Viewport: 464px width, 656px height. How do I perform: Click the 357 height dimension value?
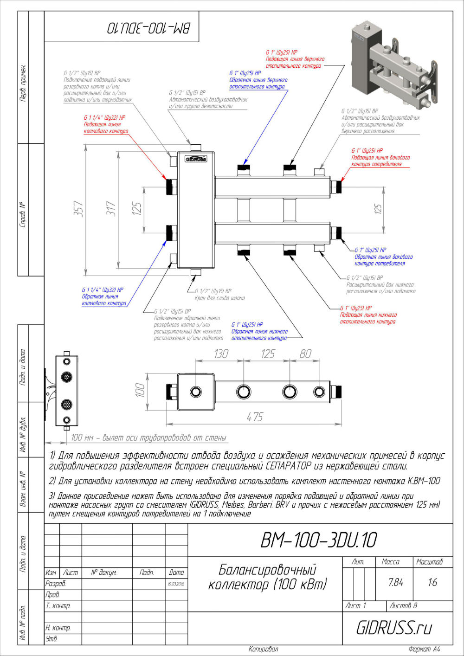point(79,209)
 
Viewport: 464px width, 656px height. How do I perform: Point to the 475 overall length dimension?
point(255,417)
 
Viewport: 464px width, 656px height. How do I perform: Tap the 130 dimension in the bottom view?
point(221,354)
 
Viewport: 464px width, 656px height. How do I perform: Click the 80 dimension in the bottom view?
point(305,354)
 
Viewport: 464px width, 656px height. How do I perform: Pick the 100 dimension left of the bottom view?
point(140,390)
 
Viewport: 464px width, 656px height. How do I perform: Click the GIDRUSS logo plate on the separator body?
point(196,159)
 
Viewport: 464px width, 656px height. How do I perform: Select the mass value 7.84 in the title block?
point(396,583)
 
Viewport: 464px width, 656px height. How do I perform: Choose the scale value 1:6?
point(432,583)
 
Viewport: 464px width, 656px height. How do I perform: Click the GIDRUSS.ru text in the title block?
point(394,628)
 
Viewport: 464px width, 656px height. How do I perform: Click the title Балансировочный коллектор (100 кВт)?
point(267,577)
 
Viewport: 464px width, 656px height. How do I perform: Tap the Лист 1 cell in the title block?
point(356,605)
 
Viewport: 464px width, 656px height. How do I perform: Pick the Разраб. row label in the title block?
point(56,584)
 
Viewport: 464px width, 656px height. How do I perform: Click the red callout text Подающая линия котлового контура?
point(106,128)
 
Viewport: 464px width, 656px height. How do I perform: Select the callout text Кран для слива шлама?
point(219,298)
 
